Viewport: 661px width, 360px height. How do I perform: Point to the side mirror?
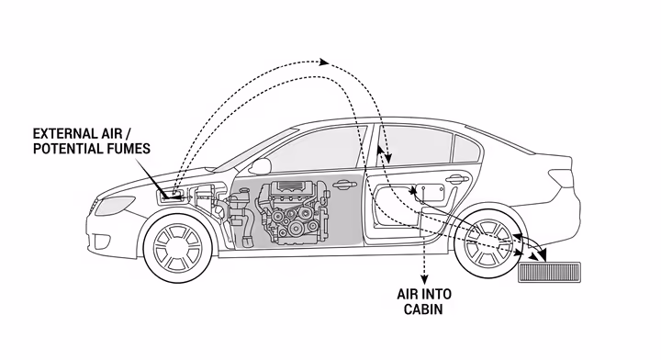point(261,165)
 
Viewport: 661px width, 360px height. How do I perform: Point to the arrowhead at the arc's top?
point(324,62)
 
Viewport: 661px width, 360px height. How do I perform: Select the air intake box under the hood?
point(171,195)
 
